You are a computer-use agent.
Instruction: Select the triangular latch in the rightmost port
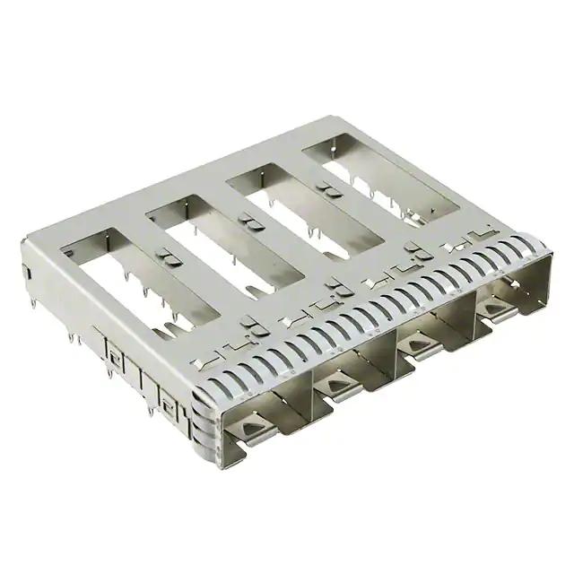click(x=492, y=309)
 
